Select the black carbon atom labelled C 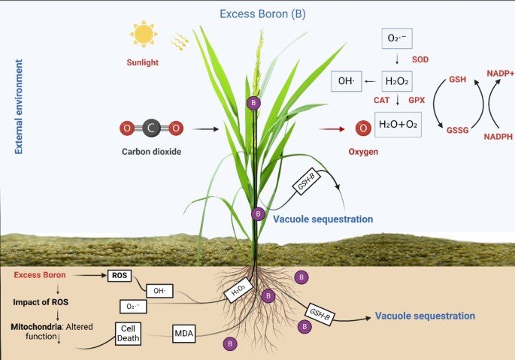(151, 129)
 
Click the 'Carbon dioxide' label (151, 152)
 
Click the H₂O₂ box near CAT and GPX (398, 80)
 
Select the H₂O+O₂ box (398, 123)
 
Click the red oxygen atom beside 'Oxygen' (363, 129)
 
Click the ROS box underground (120, 276)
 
